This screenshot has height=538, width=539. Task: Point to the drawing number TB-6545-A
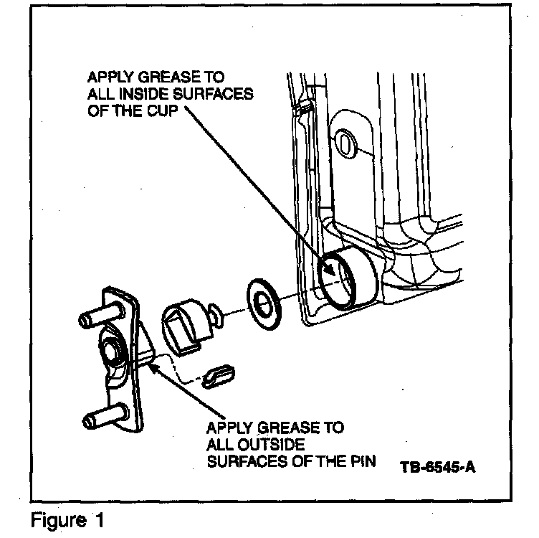coord(438,468)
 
